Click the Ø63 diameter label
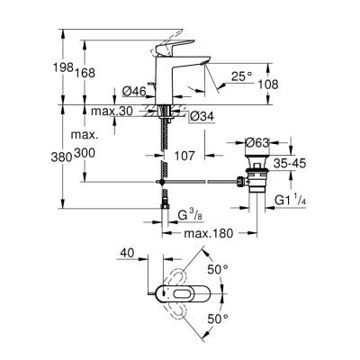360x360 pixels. coord(259,141)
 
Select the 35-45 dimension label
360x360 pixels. coord(298,166)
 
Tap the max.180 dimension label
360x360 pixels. coord(206,235)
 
